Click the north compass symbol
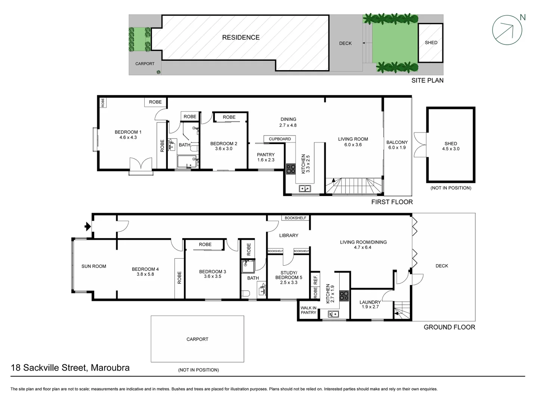click(507, 30)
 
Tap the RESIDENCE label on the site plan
click(241, 37)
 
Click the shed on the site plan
click(430, 43)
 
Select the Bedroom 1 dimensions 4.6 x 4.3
click(128, 137)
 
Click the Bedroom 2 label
click(223, 144)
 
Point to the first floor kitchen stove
click(291, 169)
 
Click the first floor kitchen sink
click(304, 189)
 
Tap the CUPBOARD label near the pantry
click(279, 139)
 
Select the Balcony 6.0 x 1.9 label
click(397, 145)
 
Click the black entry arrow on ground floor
click(87, 226)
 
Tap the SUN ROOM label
click(94, 266)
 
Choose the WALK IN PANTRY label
click(308, 310)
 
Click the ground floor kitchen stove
click(343, 296)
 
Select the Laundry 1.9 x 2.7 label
click(370, 304)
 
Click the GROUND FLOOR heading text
click(449, 327)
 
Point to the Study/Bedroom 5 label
click(288, 277)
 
